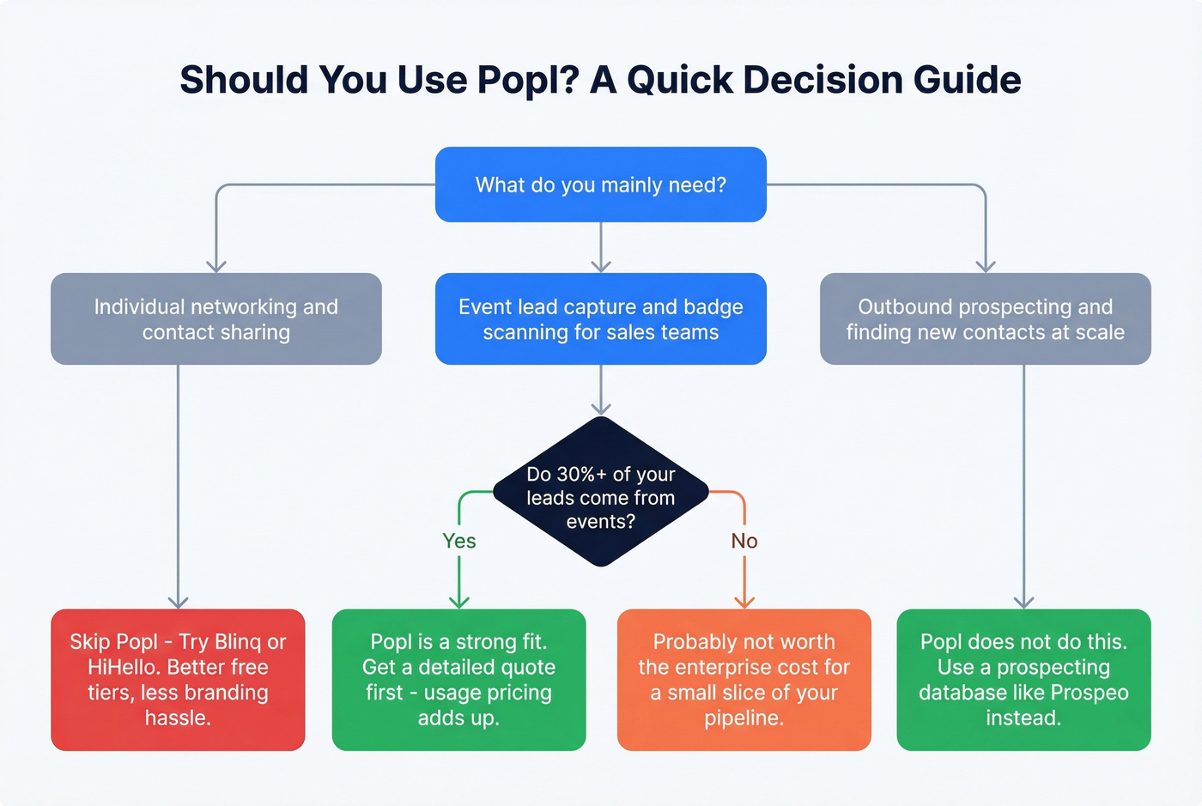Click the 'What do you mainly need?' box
600,185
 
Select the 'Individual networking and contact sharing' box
216,319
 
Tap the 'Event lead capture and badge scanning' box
600,319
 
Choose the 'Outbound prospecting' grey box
985,319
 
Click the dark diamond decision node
601,493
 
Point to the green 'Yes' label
459,541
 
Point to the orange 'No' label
744,541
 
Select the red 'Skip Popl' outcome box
178,680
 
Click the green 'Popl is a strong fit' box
458,680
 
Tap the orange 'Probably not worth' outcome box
744,680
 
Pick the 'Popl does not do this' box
1023,680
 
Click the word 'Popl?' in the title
528,80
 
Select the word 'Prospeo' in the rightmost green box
1089,693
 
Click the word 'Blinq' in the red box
238,642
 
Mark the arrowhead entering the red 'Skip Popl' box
178,603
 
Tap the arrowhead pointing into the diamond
601,409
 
